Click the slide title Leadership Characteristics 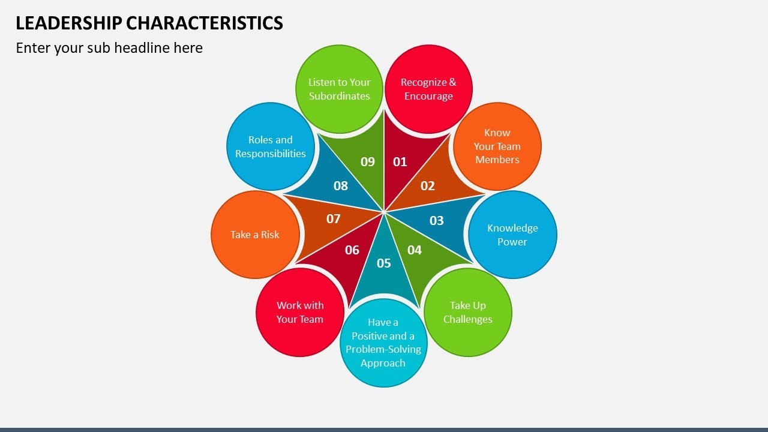149,23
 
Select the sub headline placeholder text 109,48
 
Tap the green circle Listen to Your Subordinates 340,89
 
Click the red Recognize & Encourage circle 428,89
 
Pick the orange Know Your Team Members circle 497,146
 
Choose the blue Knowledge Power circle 512,235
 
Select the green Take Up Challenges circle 468,312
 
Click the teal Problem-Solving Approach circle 383,343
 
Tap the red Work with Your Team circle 300,312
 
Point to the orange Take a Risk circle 255,235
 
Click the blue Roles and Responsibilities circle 271,146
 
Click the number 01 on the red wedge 400,161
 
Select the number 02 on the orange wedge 427,186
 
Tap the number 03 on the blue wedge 437,221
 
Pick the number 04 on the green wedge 415,250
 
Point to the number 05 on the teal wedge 383,263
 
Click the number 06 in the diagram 352,250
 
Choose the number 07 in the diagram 333,219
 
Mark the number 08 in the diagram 341,186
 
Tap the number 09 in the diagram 368,161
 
